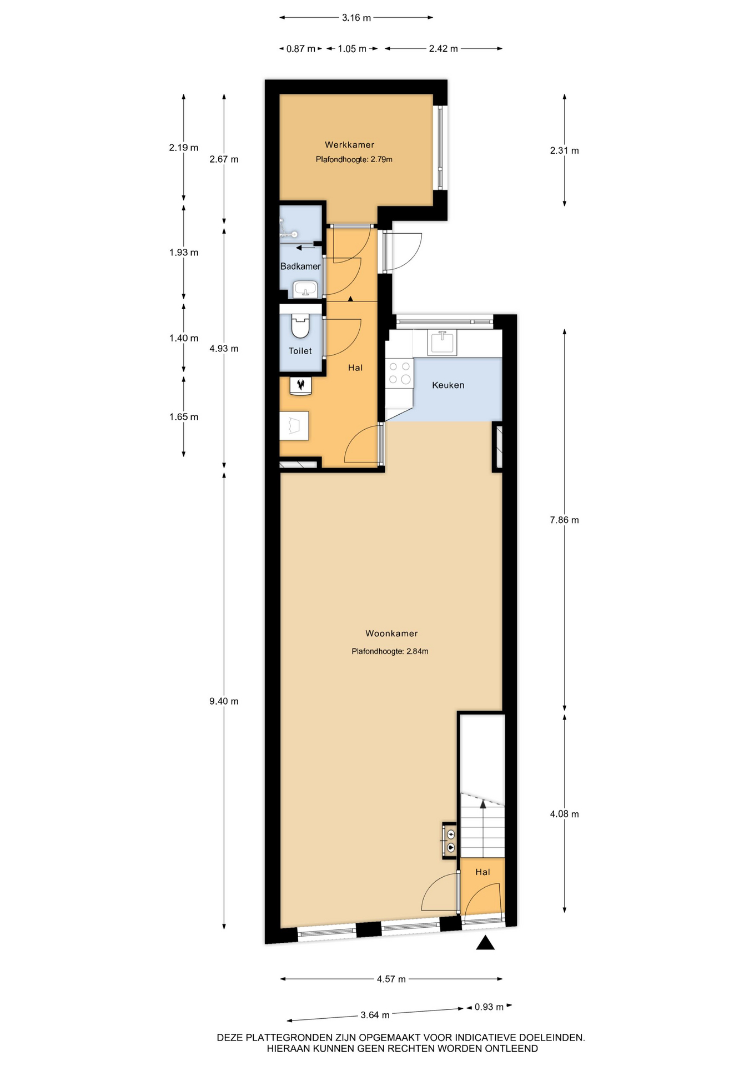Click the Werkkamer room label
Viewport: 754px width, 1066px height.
[349, 145]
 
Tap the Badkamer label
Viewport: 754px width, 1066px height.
[300, 266]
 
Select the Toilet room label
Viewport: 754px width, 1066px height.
[300, 351]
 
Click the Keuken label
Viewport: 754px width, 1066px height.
[448, 385]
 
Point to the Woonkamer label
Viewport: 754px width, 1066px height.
[391, 633]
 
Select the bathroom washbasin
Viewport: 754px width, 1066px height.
[305, 289]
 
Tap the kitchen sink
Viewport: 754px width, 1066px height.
[442, 342]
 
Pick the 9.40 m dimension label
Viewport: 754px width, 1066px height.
[224, 701]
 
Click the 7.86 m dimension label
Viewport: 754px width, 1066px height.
[564, 520]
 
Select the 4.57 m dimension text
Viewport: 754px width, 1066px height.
[391, 979]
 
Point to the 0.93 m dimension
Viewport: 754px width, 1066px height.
[489, 1007]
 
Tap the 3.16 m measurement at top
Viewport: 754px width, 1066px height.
[356, 18]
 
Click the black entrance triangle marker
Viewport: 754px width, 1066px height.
[485, 943]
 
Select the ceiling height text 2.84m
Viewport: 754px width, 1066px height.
[390, 651]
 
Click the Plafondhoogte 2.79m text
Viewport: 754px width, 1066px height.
[354, 159]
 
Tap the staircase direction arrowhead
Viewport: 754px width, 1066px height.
[483, 803]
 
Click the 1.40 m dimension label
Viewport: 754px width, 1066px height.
[184, 338]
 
